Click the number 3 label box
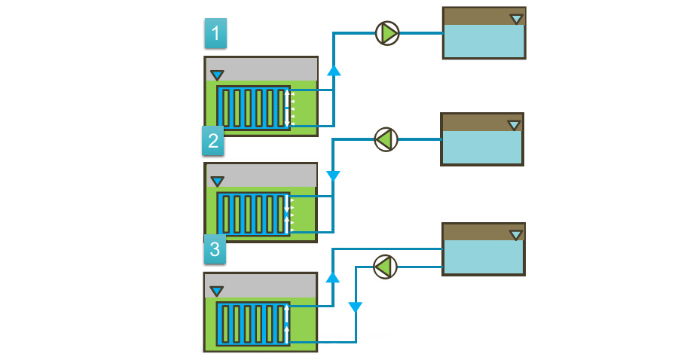pyautogui.click(x=215, y=249)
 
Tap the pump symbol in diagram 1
pyautogui.click(x=387, y=32)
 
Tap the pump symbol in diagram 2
pyautogui.click(x=386, y=139)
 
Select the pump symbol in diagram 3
pyautogui.click(x=385, y=266)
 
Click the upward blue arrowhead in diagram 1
pyautogui.click(x=334, y=71)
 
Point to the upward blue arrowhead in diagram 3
pyautogui.click(x=333, y=277)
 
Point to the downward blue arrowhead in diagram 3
pyautogui.click(x=356, y=307)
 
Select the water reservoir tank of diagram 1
pyautogui.click(x=484, y=33)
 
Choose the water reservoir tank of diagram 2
pyautogui.click(x=481, y=139)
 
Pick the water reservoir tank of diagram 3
pyautogui.click(x=483, y=249)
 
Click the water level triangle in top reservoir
pyautogui.click(x=516, y=19)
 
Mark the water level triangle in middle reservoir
pyautogui.click(x=514, y=125)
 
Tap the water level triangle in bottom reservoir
pyautogui.click(x=515, y=235)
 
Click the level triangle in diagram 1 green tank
pyautogui.click(x=217, y=75)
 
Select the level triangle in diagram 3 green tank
pyautogui.click(x=217, y=291)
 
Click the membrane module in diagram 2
pyautogui.click(x=253, y=215)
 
